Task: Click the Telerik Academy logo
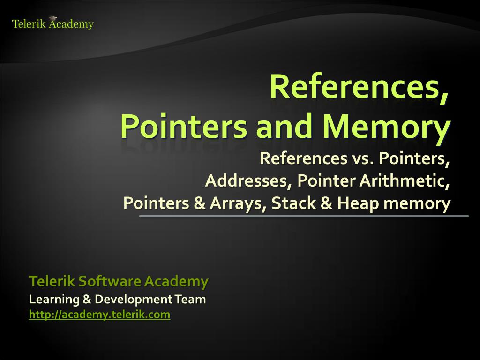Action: tap(52, 24)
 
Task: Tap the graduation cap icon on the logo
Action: tap(52, 18)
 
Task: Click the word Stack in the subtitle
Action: tap(291, 203)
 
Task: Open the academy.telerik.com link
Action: tap(99, 315)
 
